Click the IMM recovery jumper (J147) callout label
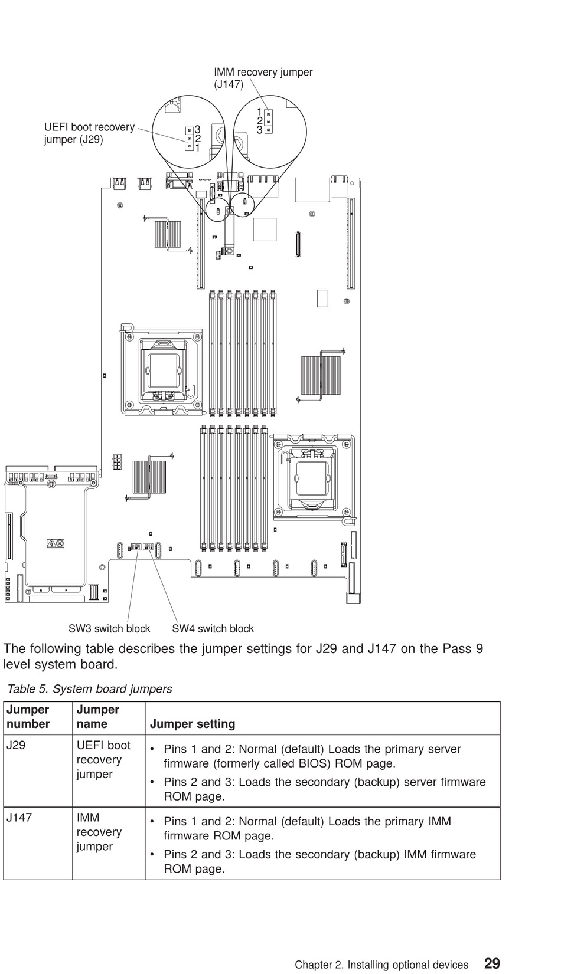(x=263, y=78)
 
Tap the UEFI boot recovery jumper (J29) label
(x=89, y=133)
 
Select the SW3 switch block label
(x=109, y=629)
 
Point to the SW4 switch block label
(x=213, y=629)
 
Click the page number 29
(x=491, y=963)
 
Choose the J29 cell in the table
(x=16, y=746)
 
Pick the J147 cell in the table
(x=19, y=818)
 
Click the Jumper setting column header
(x=193, y=724)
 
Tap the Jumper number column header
(x=28, y=717)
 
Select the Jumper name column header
(x=97, y=717)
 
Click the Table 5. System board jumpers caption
(x=89, y=689)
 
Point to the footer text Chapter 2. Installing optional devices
(x=381, y=965)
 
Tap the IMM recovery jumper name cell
(x=99, y=832)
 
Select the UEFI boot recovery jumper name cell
(x=103, y=760)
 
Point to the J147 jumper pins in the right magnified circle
(x=268, y=121)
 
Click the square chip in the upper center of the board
(x=265, y=229)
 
